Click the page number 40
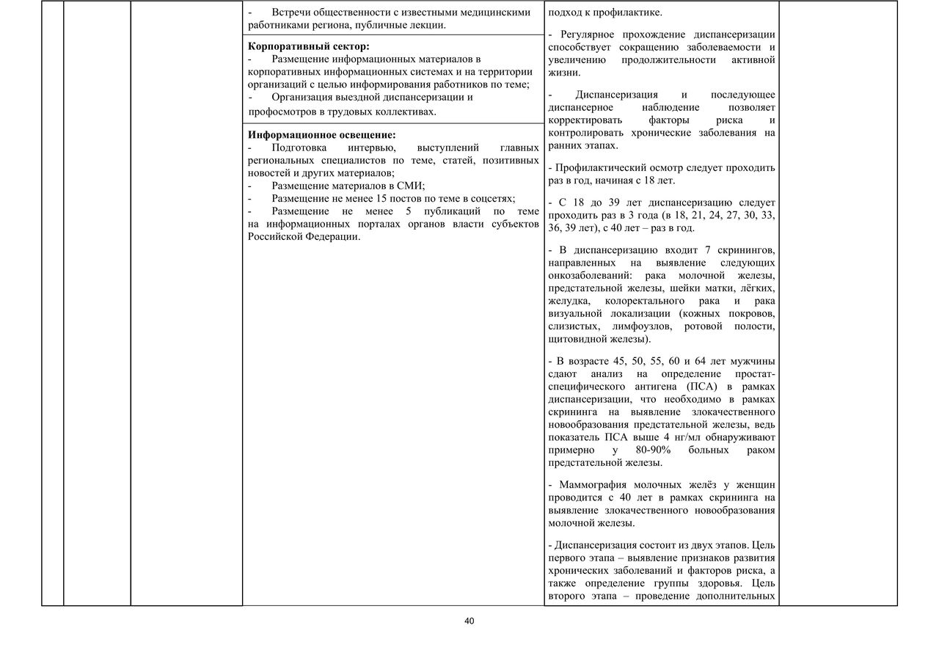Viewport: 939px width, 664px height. click(x=469, y=621)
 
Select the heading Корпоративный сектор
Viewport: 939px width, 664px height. click(x=308, y=46)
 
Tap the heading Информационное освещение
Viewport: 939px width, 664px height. click(x=321, y=135)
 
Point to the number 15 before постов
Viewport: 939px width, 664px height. click(x=384, y=199)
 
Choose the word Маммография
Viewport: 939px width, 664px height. click(x=596, y=485)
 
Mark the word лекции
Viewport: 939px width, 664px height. click(x=426, y=25)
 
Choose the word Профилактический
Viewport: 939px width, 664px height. click(x=599, y=167)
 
